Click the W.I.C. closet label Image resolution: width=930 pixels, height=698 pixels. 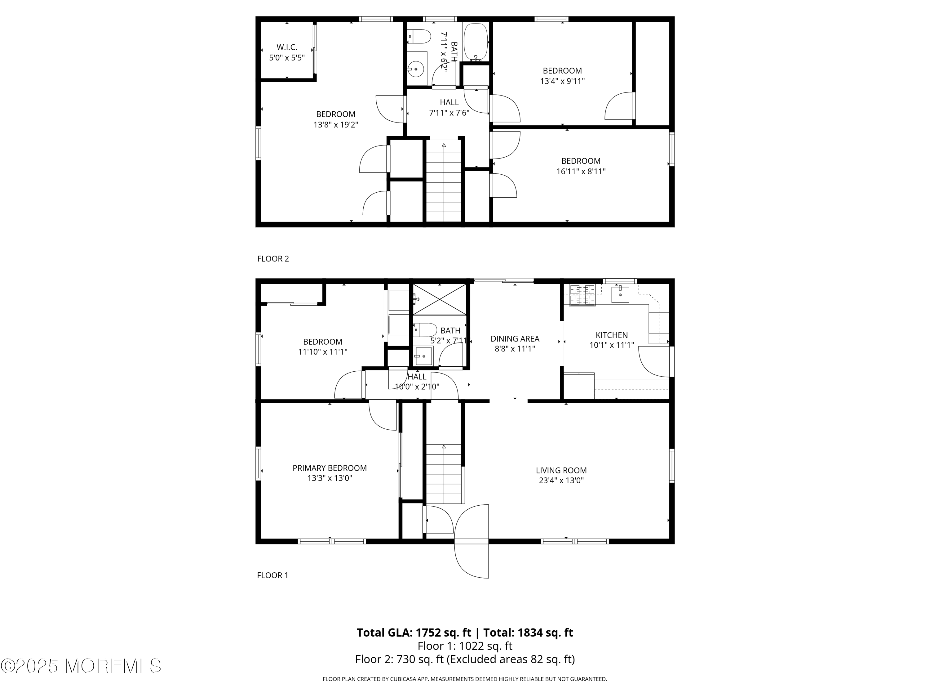point(287,47)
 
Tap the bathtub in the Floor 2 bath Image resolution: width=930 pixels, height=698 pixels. point(476,42)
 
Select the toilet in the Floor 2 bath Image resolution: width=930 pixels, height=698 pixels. point(420,37)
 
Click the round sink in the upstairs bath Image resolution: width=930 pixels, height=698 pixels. point(416,69)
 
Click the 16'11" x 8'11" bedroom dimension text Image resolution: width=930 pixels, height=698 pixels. point(581,172)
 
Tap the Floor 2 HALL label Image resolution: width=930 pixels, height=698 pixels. point(449,102)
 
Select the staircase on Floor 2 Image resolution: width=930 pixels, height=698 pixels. point(444,181)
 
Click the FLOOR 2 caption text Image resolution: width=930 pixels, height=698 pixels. point(273,259)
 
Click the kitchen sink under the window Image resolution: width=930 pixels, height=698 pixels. point(620,294)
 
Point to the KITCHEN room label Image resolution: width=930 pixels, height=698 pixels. point(611,335)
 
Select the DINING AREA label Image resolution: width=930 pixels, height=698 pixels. point(515,339)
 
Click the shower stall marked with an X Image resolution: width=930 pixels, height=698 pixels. point(439,299)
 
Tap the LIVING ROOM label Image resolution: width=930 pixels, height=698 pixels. point(561,470)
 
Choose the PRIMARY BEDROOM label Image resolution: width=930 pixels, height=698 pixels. point(330,468)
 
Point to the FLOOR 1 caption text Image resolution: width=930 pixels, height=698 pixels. point(272,575)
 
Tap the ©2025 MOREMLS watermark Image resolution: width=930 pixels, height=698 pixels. point(81,666)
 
